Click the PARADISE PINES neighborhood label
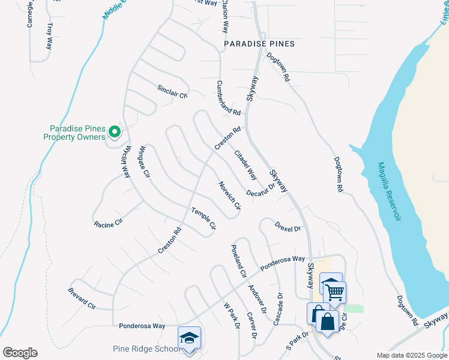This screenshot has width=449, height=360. pyautogui.click(x=259, y=44)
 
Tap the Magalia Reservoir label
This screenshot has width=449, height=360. pyautogui.click(x=388, y=191)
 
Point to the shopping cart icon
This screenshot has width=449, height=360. pyautogui.click(x=335, y=292)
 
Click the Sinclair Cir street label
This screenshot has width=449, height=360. pyautogui.click(x=172, y=91)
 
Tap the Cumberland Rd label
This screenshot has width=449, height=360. pyautogui.click(x=228, y=98)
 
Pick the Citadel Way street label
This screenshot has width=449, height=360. pyautogui.click(x=246, y=165)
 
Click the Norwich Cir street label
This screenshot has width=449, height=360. pyautogui.click(x=229, y=196)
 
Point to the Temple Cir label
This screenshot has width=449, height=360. pyautogui.click(x=203, y=218)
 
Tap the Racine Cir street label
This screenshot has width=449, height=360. pyautogui.click(x=108, y=224)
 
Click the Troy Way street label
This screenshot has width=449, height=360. pyautogui.click(x=50, y=35)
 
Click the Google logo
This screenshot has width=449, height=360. pyautogui.click(x=20, y=352)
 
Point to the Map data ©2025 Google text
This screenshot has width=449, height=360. pyautogui.click(x=411, y=355)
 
